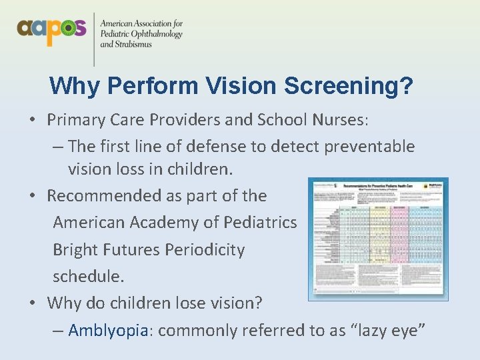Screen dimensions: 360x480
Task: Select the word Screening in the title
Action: tap(347, 85)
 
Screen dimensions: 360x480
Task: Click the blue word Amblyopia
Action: tap(107, 330)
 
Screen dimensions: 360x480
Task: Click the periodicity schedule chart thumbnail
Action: tap(378, 239)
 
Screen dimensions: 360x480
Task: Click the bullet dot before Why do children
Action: tap(32, 303)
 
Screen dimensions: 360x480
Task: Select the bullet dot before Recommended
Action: tap(32, 196)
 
